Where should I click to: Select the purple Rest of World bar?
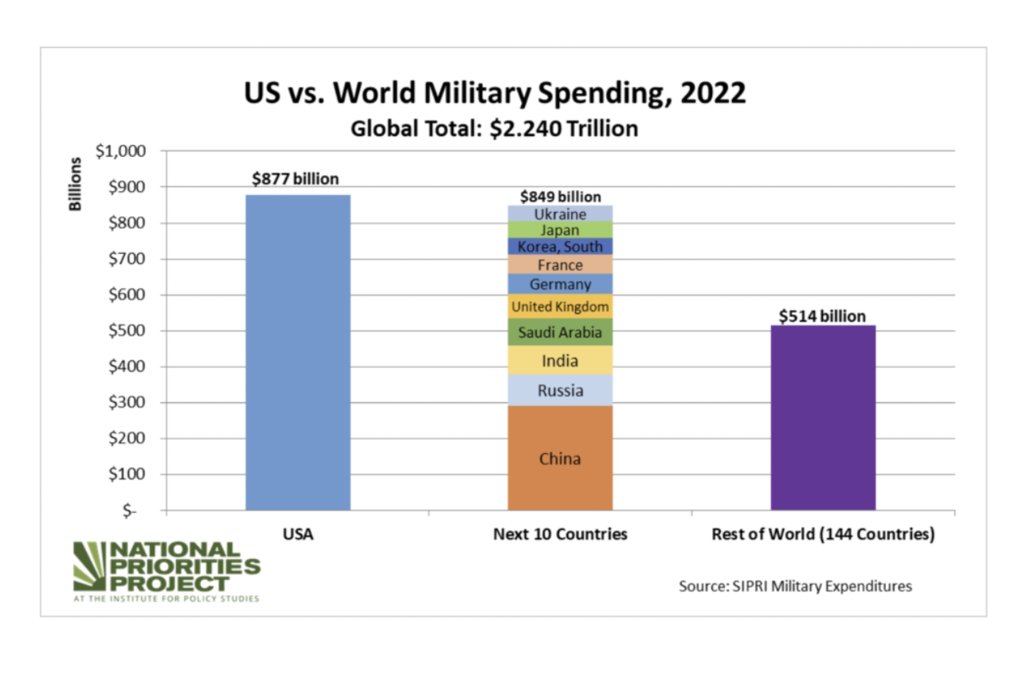[823, 417]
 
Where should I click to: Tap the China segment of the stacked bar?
[560, 458]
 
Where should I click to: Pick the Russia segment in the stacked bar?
[560, 390]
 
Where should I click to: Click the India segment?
[560, 361]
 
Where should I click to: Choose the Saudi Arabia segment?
[560, 332]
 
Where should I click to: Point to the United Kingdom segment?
[560, 307]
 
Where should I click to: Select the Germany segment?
[560, 284]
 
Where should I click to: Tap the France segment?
[560, 264]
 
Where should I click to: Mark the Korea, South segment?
[560, 246]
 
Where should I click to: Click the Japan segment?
[560, 230]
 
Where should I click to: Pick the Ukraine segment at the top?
[560, 213]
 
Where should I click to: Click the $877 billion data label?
[296, 178]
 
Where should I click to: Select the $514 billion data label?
[822, 316]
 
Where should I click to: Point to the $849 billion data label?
[560, 196]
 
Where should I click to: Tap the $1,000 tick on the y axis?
[120, 151]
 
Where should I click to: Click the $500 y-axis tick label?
[125, 330]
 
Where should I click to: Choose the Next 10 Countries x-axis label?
[560, 534]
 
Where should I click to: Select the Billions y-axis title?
[76, 184]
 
